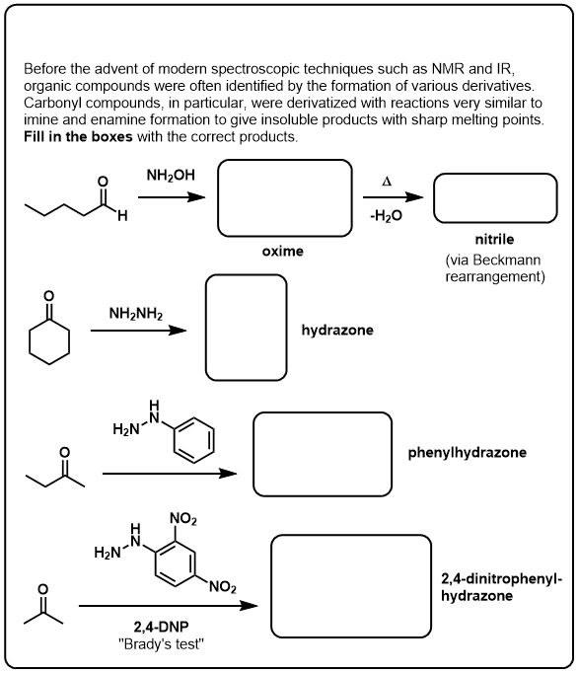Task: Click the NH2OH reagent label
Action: (x=171, y=175)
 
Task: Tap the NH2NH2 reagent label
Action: (x=136, y=314)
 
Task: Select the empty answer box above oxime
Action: (x=284, y=161)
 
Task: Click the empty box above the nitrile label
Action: (x=495, y=175)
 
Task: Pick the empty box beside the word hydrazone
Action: (x=247, y=275)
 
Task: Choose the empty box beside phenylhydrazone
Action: (x=323, y=412)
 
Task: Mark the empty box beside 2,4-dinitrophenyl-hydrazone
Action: (x=351, y=536)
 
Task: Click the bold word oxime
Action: (x=283, y=251)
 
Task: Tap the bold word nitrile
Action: (x=494, y=239)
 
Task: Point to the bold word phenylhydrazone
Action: (x=467, y=452)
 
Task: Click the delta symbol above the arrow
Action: (x=387, y=182)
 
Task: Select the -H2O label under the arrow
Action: (x=387, y=215)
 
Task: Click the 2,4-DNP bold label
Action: (x=162, y=627)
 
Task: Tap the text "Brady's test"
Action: (x=161, y=644)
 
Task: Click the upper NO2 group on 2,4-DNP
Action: (x=183, y=518)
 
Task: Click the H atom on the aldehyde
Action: (x=122, y=215)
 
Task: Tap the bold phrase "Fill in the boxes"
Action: (x=78, y=136)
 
